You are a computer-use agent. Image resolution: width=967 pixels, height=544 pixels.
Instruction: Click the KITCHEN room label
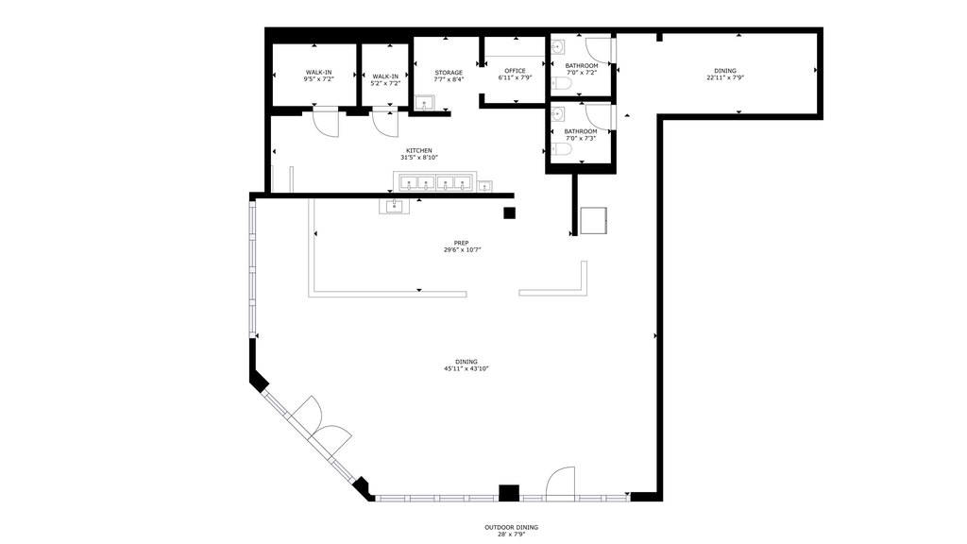tap(418, 150)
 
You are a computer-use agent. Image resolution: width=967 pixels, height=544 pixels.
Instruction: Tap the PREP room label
tap(461, 243)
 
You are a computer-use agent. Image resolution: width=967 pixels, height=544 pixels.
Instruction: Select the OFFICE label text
tap(515, 71)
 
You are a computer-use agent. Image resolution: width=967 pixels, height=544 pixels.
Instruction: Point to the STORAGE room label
tap(449, 73)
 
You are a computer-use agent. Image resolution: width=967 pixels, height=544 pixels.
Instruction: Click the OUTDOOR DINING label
tap(511, 527)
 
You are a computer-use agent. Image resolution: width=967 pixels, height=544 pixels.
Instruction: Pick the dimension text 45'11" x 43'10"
tap(467, 369)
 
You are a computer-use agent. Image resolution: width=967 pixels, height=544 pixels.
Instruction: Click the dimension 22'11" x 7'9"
tap(725, 77)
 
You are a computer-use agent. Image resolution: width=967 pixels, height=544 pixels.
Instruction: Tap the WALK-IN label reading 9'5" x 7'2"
tap(318, 76)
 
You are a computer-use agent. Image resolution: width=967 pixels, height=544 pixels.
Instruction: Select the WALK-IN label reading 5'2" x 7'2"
tap(385, 79)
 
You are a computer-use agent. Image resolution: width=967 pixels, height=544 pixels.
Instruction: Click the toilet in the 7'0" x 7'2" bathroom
tap(561, 83)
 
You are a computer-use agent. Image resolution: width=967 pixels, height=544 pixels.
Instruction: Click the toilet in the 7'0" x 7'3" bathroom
tap(561, 149)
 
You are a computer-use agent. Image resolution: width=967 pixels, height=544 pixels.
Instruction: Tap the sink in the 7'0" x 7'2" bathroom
tap(557, 47)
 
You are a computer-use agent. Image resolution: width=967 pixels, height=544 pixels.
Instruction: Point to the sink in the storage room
tap(424, 103)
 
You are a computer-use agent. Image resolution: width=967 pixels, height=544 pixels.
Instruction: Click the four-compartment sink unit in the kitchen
tap(435, 182)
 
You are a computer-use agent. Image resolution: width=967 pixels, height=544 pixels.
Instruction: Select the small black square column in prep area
tap(509, 212)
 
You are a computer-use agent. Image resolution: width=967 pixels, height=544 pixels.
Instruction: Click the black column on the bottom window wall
tap(509, 493)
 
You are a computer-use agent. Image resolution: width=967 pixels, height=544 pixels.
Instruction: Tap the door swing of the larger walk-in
tap(326, 122)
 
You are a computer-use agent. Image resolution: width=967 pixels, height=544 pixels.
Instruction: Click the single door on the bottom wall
tap(561, 483)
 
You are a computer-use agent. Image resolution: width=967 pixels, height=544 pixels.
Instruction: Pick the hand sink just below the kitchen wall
tap(394, 206)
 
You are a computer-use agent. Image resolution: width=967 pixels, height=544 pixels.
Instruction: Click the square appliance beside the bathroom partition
tap(593, 221)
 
